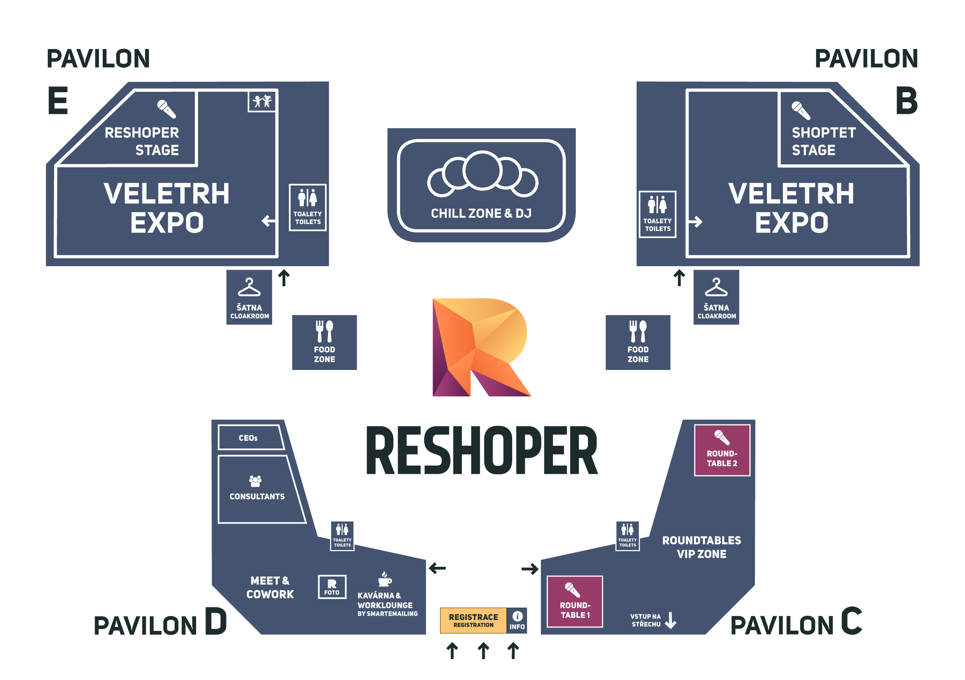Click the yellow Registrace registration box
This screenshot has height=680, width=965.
[x=473, y=620]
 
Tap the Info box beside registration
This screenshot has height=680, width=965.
[x=517, y=620]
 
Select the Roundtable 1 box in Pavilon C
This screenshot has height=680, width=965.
[x=575, y=601]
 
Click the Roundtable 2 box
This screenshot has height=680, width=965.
[x=722, y=450]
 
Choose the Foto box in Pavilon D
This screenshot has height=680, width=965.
[x=332, y=587]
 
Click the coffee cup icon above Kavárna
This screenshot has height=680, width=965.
[x=384, y=579]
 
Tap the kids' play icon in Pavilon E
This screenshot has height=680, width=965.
[x=262, y=101]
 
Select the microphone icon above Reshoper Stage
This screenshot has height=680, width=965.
[x=167, y=109]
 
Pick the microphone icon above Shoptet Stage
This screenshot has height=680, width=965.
[x=801, y=110]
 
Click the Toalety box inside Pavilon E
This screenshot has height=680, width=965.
[x=308, y=208]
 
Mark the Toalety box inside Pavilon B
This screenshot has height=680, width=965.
[x=657, y=214]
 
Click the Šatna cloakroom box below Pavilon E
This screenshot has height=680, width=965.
[x=249, y=297]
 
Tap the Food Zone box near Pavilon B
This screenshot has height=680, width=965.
[x=638, y=342]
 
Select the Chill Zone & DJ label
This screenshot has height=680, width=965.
[x=481, y=214]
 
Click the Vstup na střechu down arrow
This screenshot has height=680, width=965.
[x=671, y=620]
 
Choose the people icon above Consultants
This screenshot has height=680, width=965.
[x=255, y=480]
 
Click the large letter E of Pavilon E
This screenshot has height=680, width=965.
[x=58, y=100]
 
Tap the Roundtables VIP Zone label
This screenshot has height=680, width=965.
[x=702, y=547]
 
